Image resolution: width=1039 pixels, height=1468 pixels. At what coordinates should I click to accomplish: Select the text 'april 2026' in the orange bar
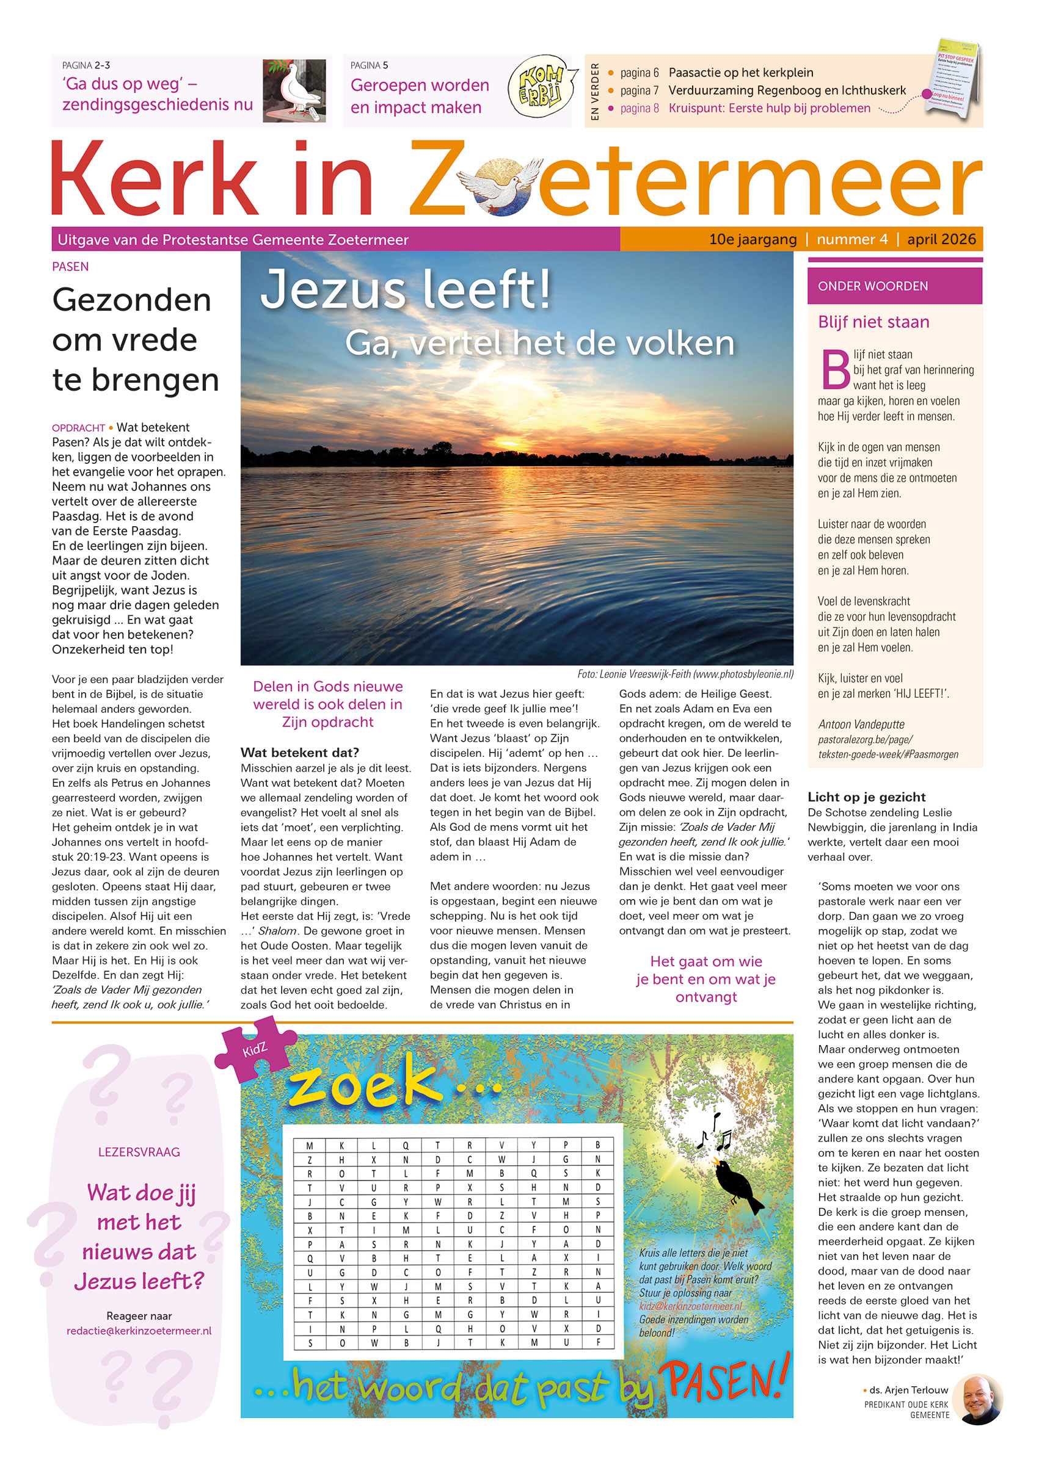pos(941,239)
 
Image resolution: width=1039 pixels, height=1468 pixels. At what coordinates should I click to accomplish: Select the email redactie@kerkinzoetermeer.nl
pos(139,1331)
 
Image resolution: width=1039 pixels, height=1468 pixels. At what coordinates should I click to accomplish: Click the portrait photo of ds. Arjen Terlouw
pos(977,1400)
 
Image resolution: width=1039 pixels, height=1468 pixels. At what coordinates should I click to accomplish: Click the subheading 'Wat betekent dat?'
pos(299,752)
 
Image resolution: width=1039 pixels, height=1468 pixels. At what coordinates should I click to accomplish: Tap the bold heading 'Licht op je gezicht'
pos(866,797)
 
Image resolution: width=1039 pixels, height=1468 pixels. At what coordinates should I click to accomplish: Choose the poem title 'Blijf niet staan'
pos(873,322)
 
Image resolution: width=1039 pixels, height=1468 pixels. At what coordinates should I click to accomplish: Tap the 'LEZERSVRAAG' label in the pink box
pos(139,1152)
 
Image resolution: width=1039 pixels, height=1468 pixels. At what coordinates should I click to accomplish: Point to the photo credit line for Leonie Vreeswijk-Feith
pos(685,674)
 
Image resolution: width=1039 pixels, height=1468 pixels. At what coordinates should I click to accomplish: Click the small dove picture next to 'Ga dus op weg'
pos(294,90)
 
